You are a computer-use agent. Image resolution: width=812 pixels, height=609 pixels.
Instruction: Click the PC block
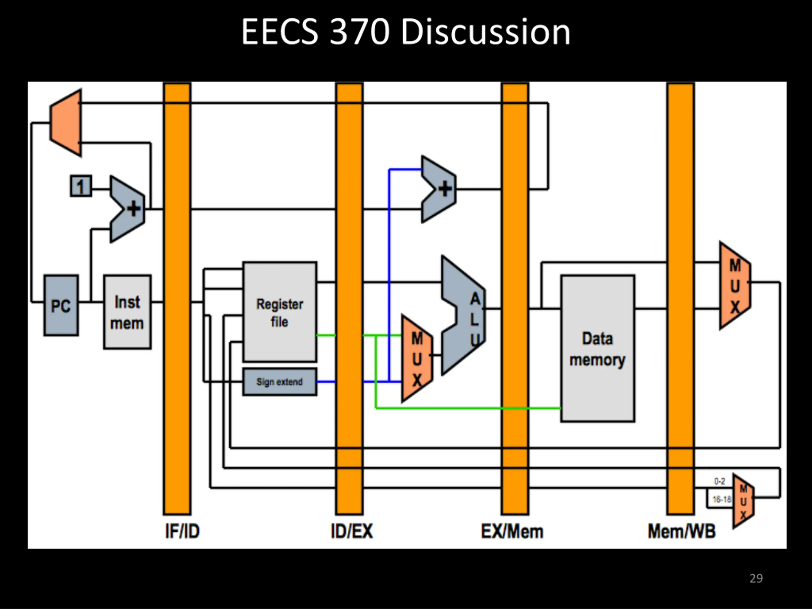coord(61,305)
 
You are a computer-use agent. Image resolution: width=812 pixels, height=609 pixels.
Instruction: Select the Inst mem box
coord(127,312)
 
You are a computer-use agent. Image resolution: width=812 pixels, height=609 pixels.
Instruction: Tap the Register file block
coord(280,312)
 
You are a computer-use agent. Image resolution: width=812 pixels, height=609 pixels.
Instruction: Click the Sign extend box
coord(280,382)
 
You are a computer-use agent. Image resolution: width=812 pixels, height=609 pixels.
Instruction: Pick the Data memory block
coord(598,348)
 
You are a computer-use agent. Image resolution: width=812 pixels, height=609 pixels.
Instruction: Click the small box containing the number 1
coord(81,186)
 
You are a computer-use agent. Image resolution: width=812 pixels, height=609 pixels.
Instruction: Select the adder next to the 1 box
coord(128,209)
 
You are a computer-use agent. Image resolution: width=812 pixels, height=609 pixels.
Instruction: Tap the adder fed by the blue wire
coord(439,189)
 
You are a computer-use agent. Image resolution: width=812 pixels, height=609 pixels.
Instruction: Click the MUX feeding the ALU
coord(417,359)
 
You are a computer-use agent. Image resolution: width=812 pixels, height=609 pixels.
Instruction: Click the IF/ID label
coord(182,531)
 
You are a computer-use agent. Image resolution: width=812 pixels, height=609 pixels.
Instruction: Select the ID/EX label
coord(352,531)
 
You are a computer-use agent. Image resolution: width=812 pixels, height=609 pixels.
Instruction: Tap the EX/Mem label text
coord(512,531)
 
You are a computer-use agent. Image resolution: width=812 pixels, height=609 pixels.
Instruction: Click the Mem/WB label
coord(682,531)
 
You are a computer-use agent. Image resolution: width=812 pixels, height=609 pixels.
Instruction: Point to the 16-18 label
coord(722,499)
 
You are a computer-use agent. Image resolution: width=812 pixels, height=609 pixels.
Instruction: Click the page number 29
coord(756,579)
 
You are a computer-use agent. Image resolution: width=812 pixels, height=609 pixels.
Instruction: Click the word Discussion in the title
coord(485,32)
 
